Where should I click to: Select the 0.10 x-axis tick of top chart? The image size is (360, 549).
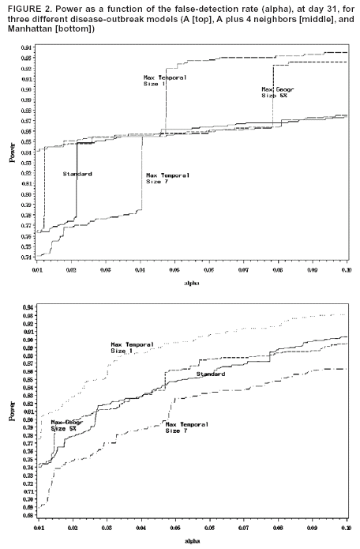344,270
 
